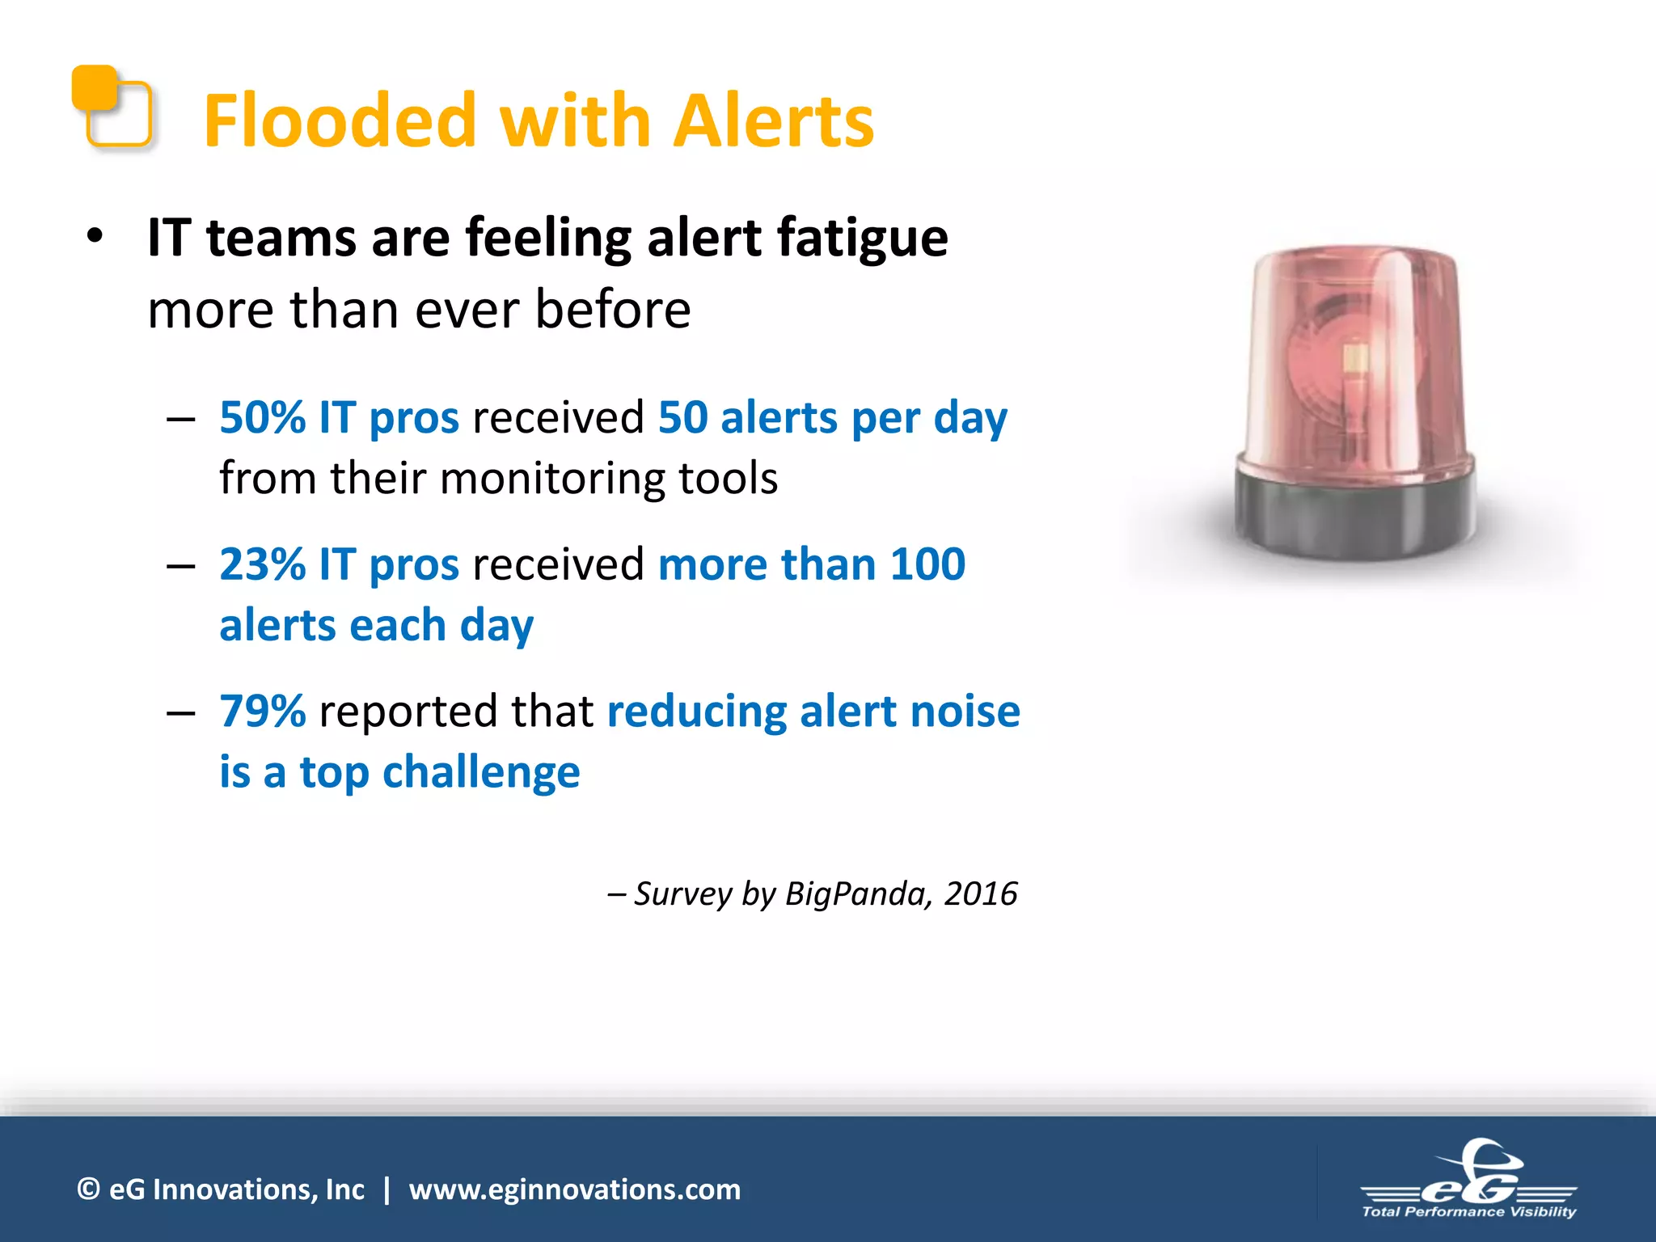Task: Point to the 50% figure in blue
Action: point(262,418)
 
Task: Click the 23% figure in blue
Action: point(262,564)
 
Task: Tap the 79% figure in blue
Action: point(262,712)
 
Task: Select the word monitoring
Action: point(553,478)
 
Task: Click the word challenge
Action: point(481,773)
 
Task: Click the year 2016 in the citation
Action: point(981,894)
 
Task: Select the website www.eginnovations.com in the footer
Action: point(574,1189)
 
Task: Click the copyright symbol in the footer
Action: point(88,1189)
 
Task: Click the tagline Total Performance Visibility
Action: point(1468,1212)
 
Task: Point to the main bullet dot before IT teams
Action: point(95,237)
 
